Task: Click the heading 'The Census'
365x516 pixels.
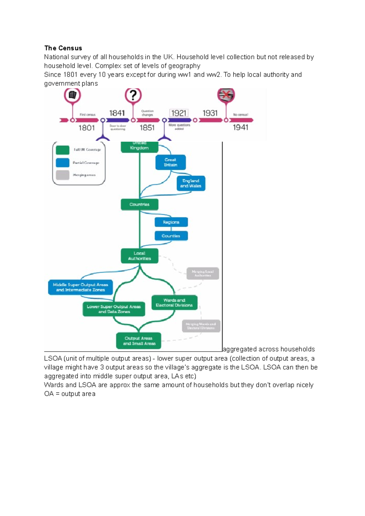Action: point(63,48)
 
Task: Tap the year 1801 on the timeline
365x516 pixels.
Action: point(87,128)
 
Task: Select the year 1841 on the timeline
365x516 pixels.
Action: point(117,113)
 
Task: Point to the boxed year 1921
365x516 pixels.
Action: point(179,113)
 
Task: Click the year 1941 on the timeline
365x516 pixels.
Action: point(241,127)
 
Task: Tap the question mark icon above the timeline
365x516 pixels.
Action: point(133,95)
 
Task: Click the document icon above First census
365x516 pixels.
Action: point(72,95)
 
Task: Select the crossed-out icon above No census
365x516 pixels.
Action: point(226,95)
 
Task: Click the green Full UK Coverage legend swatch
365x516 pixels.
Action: point(63,150)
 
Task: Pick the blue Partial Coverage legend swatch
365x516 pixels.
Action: point(63,163)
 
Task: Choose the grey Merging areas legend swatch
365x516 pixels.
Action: point(63,175)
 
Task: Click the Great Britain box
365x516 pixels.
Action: point(170,162)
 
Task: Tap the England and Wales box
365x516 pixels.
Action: point(191,183)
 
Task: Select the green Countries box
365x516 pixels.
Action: point(140,205)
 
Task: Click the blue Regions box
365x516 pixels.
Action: point(171,222)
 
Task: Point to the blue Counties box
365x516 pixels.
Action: point(171,236)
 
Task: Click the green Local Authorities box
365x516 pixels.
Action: point(140,256)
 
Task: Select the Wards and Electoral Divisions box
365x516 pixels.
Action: point(174,303)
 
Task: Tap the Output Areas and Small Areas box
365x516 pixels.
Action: point(139,341)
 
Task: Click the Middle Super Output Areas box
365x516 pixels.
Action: point(80,287)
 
